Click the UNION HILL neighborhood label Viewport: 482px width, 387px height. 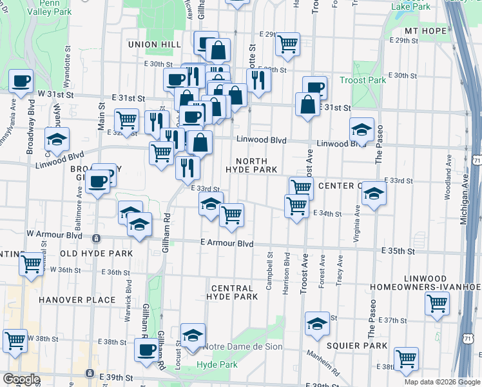pyautogui.click(x=154, y=44)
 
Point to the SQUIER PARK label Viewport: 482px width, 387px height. pyautogui.click(x=356, y=346)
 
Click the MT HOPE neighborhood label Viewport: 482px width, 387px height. pyautogui.click(x=425, y=30)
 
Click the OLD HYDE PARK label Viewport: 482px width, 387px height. pyautogui.click(x=96, y=253)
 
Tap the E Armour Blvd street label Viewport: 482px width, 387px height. pyautogui.click(x=226, y=244)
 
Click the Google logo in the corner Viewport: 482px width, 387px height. pyautogui.click(x=21, y=379)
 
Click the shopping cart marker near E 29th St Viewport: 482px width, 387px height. pyautogui.click(x=287, y=44)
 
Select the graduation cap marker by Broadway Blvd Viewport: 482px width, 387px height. pyautogui.click(x=57, y=139)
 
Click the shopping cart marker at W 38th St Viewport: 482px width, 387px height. pyautogui.click(x=15, y=340)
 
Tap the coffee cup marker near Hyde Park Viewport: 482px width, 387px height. pyautogui.click(x=146, y=350)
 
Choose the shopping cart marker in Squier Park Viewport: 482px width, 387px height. pyautogui.click(x=406, y=359)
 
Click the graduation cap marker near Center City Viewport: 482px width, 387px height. pyautogui.click(x=374, y=192)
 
